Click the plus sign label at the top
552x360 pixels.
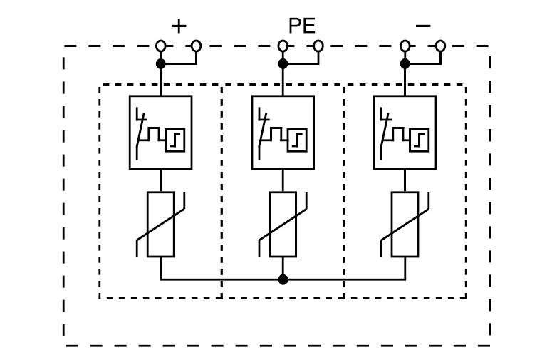(179, 26)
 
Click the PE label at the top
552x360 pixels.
(301, 26)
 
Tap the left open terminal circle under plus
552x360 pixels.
(161, 46)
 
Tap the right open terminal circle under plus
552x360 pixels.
(196, 46)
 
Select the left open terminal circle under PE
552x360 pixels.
(283, 46)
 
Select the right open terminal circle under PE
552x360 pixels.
(318, 46)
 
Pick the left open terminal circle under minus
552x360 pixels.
(405, 46)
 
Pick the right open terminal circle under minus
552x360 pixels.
(440, 46)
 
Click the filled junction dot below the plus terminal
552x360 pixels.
(161, 63)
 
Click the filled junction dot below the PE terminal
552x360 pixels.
(283, 63)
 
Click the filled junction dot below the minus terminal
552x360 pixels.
(405, 63)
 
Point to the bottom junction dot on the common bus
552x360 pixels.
(283, 279)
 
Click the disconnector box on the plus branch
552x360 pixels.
(160, 132)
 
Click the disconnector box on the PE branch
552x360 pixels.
(283, 132)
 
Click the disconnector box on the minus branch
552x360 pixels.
(405, 132)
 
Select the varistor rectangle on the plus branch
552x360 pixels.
(160, 224)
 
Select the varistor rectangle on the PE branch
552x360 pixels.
(283, 224)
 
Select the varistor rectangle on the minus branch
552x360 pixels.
(405, 224)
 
